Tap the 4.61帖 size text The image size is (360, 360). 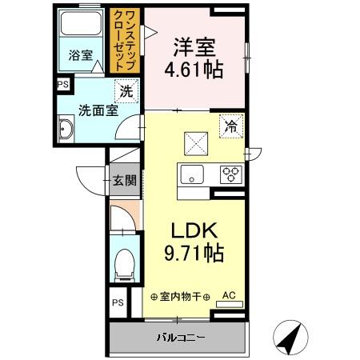pos(194,69)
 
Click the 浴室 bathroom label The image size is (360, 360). pos(80,55)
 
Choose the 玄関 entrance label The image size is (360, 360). pos(123,180)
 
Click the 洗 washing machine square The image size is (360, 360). pos(126,90)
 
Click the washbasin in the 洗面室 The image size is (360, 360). pos(66,130)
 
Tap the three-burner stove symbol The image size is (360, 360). pos(231,173)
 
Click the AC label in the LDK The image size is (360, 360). pos(228,294)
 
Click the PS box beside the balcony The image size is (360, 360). pos(117,302)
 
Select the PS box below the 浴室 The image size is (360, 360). pos(61,83)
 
